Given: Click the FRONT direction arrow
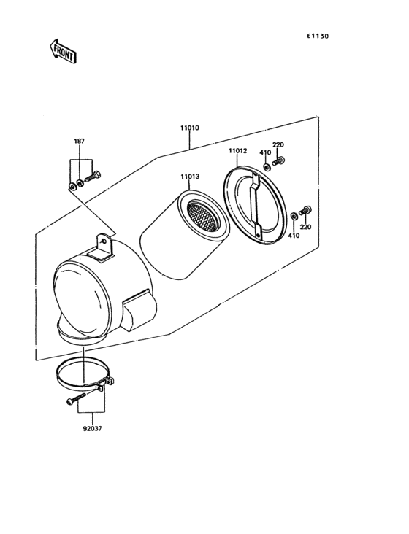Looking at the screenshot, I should [64, 51].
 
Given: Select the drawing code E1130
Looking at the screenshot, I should [318, 34].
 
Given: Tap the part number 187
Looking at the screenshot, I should [78, 141].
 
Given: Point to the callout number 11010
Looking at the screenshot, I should [190, 128].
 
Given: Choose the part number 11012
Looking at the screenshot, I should [237, 151].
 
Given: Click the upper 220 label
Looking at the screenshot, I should [278, 145].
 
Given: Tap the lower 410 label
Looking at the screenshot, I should [293, 236].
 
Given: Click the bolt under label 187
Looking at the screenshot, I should [92, 176].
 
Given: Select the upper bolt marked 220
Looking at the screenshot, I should [278, 160].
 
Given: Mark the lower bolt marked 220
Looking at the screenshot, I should [306, 212].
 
